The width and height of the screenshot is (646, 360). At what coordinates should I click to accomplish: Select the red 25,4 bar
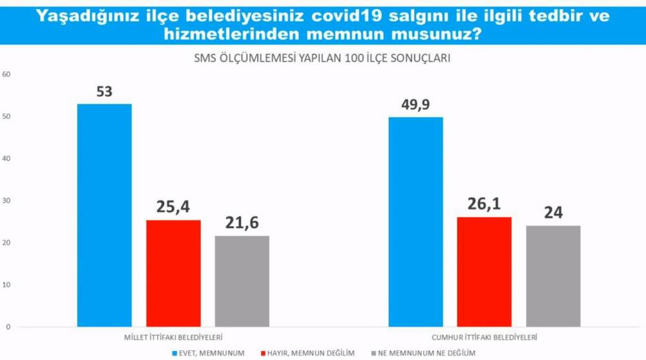[173, 273]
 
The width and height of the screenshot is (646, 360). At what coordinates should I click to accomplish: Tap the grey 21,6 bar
[242, 281]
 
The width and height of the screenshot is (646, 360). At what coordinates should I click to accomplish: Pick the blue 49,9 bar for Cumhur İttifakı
[415, 222]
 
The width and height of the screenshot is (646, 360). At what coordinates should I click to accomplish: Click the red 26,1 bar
[484, 272]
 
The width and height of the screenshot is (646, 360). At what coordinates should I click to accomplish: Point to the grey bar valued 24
[553, 276]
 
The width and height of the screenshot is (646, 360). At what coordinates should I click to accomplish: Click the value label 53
[104, 92]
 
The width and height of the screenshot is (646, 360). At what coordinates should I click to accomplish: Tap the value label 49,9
[415, 105]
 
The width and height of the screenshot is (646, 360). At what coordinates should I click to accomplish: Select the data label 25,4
[173, 207]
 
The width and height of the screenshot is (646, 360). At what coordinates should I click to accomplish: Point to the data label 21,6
[242, 224]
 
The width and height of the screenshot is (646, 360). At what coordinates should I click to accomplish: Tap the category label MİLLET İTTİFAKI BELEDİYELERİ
[174, 337]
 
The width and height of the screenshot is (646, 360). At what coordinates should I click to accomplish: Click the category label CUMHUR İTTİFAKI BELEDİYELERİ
[484, 337]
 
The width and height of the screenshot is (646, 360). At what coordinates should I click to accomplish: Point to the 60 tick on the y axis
[7, 74]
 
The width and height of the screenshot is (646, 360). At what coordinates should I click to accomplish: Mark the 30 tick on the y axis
[7, 201]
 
